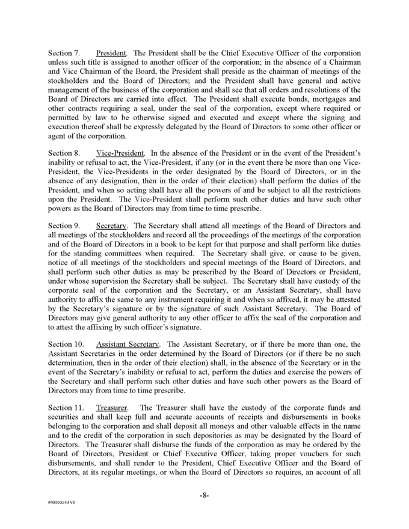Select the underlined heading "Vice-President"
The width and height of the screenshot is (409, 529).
click(x=116, y=154)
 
